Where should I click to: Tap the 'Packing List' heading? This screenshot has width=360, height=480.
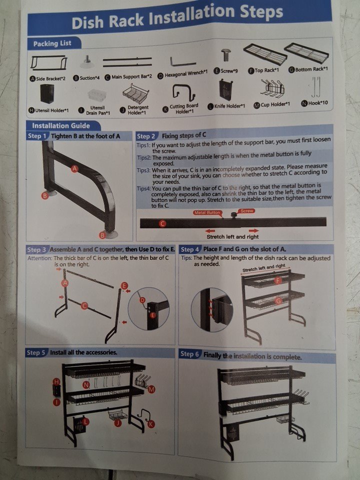[x=52, y=43]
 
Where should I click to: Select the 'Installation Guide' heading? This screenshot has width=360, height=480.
[x=61, y=125]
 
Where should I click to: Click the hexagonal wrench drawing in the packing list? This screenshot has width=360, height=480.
[x=183, y=62]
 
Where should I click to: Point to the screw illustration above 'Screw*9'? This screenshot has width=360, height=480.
[x=226, y=55]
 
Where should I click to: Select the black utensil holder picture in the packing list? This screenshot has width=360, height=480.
[x=47, y=94]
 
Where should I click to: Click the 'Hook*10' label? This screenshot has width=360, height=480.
[x=318, y=103]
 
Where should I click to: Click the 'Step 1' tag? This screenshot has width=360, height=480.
[x=36, y=136]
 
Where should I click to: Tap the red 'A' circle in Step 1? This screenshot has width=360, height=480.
[x=74, y=168]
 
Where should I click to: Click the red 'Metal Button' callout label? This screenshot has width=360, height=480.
[x=207, y=212]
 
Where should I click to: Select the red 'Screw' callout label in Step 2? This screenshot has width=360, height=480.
[x=247, y=211]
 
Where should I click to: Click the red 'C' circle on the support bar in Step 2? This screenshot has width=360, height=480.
[x=162, y=223]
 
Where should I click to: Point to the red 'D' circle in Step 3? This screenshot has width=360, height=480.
[x=142, y=300]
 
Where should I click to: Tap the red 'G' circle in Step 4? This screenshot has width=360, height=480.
[x=278, y=300]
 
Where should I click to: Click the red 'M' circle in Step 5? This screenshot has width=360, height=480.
[x=151, y=389]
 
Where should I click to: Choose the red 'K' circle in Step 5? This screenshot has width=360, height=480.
[x=151, y=424]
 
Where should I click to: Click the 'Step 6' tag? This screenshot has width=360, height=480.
[x=189, y=354]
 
